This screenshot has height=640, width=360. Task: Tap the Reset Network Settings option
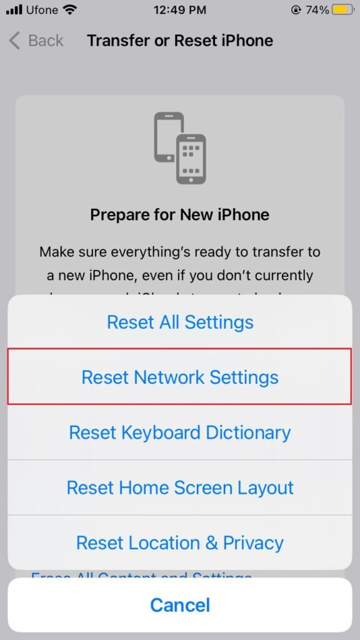180,377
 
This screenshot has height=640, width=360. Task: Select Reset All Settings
180,322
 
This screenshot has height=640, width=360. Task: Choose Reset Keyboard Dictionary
180,432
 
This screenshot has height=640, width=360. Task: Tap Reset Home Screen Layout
180,487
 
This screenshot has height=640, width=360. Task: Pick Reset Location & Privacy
180,542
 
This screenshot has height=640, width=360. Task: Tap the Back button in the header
36,41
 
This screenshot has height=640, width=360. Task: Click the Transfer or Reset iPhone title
180,41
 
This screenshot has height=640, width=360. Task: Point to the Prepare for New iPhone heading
180,215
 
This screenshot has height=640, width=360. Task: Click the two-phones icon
180,148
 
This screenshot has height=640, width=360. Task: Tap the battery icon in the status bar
341,10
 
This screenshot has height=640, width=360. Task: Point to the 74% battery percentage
317,10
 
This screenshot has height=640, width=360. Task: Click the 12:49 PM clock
180,10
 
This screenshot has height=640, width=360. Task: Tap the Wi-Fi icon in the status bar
69,10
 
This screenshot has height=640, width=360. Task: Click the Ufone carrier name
42,10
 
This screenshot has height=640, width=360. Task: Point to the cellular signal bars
14,10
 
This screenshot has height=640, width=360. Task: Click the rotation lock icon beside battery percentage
296,10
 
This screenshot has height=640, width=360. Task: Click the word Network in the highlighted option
168,377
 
